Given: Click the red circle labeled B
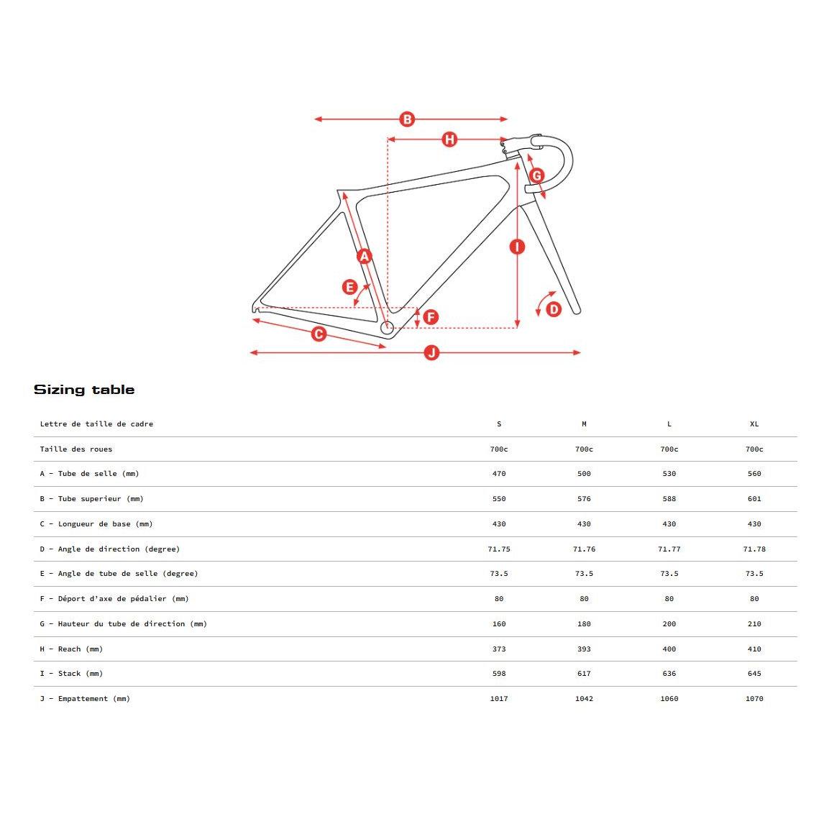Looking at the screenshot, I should [407, 119].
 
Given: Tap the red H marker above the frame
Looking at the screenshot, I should [449, 139].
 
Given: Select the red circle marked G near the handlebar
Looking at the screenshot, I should [536, 175].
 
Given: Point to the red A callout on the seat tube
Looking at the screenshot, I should [365, 256].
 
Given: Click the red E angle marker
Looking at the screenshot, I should [350, 288].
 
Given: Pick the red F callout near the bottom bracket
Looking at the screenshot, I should [431, 317].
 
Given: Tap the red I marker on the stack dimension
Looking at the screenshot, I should [517, 247].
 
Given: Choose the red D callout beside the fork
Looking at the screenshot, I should [554, 309].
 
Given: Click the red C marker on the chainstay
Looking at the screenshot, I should [319, 334].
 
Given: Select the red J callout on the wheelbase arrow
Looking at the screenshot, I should [431, 352].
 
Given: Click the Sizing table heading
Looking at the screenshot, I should [84, 390].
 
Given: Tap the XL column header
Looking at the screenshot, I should [754, 424].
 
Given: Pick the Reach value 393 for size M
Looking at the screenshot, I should [584, 649].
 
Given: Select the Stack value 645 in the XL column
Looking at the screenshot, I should [754, 674].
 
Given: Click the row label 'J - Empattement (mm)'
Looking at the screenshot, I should [85, 699].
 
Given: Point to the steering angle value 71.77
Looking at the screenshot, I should [669, 549].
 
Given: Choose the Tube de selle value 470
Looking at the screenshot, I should [499, 474].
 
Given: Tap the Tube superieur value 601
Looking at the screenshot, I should [754, 499].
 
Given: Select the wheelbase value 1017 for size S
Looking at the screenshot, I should [499, 699].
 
